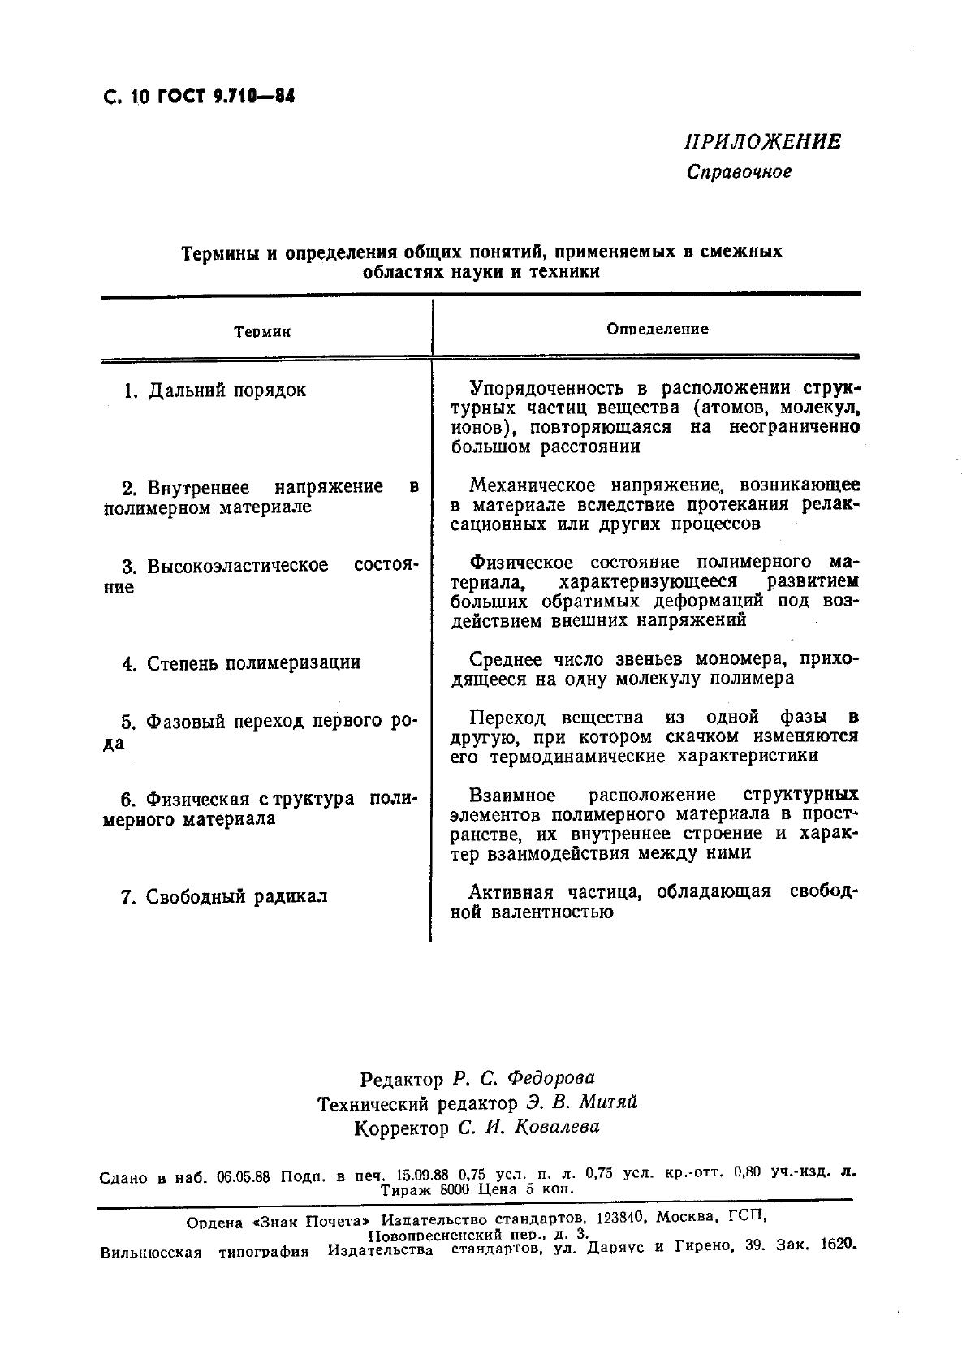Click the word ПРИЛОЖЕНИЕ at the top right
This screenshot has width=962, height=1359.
(762, 142)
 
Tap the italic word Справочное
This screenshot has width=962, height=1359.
(739, 172)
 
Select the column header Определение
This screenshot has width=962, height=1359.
(658, 329)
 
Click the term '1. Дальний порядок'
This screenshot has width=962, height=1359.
(214, 390)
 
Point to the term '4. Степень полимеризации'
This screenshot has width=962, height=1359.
(241, 663)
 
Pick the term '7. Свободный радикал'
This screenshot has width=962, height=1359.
(223, 897)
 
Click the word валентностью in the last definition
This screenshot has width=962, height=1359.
(552, 912)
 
